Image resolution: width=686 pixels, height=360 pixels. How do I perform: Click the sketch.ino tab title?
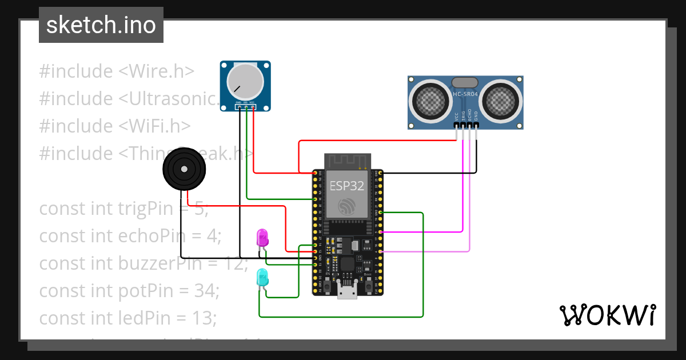(101, 25)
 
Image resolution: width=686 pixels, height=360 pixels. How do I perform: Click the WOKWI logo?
(607, 315)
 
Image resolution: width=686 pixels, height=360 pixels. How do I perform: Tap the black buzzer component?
(184, 169)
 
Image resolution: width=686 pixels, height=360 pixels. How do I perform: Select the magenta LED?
(262, 237)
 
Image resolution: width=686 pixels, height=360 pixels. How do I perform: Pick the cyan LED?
(262, 278)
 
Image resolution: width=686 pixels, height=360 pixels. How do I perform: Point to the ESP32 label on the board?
(347, 186)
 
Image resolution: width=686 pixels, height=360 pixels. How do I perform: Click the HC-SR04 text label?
(465, 94)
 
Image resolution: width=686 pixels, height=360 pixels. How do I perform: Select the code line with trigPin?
(123, 209)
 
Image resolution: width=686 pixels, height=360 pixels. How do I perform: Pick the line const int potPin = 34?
(129, 291)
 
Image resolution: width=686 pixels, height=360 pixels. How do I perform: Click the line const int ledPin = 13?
(127, 318)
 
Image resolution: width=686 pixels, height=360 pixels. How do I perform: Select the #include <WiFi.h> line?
(115, 126)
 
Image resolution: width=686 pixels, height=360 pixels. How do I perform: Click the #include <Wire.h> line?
(117, 71)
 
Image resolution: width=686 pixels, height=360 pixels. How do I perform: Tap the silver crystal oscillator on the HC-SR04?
(465, 83)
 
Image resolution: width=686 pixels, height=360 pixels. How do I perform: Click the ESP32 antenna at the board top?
(347, 161)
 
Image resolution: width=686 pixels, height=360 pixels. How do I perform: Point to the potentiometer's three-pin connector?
(246, 106)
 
